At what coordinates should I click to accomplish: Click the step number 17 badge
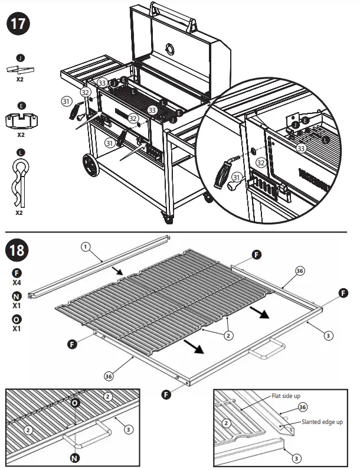point(18,25)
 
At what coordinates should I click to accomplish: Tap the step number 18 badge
point(18,250)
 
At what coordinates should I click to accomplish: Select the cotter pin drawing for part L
point(20,181)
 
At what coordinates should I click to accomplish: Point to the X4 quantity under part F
point(18,283)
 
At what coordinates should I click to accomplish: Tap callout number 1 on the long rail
point(86,248)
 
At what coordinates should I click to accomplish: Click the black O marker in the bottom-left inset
point(75,403)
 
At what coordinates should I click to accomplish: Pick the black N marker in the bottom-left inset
point(75,456)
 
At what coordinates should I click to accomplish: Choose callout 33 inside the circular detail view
point(302,148)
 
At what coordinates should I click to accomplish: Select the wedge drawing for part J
point(20,68)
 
